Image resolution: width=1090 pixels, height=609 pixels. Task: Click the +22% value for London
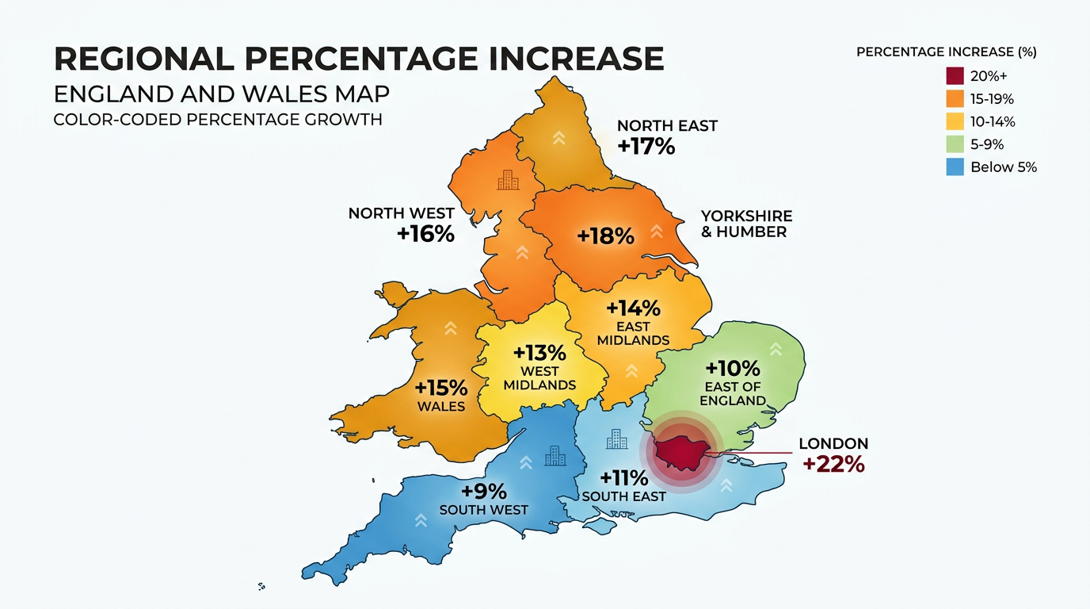point(833,464)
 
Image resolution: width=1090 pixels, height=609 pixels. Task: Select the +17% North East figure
point(647,146)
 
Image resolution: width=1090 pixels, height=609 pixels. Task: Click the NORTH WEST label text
point(402,213)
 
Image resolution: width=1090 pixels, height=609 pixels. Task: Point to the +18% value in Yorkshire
point(606,236)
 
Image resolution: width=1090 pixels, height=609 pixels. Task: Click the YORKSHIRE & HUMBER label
point(746,224)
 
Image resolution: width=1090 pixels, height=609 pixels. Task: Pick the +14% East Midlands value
point(633,308)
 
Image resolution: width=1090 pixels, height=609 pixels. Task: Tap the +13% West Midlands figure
point(539,352)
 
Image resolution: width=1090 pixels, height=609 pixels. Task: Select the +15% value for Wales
point(441,389)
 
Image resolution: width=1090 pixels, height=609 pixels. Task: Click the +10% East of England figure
point(733,369)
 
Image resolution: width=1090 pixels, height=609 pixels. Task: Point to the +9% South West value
point(484,491)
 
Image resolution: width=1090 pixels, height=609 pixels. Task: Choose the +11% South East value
point(623,478)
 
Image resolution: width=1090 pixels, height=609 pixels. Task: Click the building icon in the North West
point(508,180)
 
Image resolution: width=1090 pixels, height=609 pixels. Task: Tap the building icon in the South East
point(616,439)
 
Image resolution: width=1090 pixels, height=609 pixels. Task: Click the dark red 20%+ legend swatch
point(955,76)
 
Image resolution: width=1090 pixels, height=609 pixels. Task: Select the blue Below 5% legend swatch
point(955,167)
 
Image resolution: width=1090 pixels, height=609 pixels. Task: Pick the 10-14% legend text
point(993,122)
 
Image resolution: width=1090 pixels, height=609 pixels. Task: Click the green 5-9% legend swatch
point(955,144)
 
